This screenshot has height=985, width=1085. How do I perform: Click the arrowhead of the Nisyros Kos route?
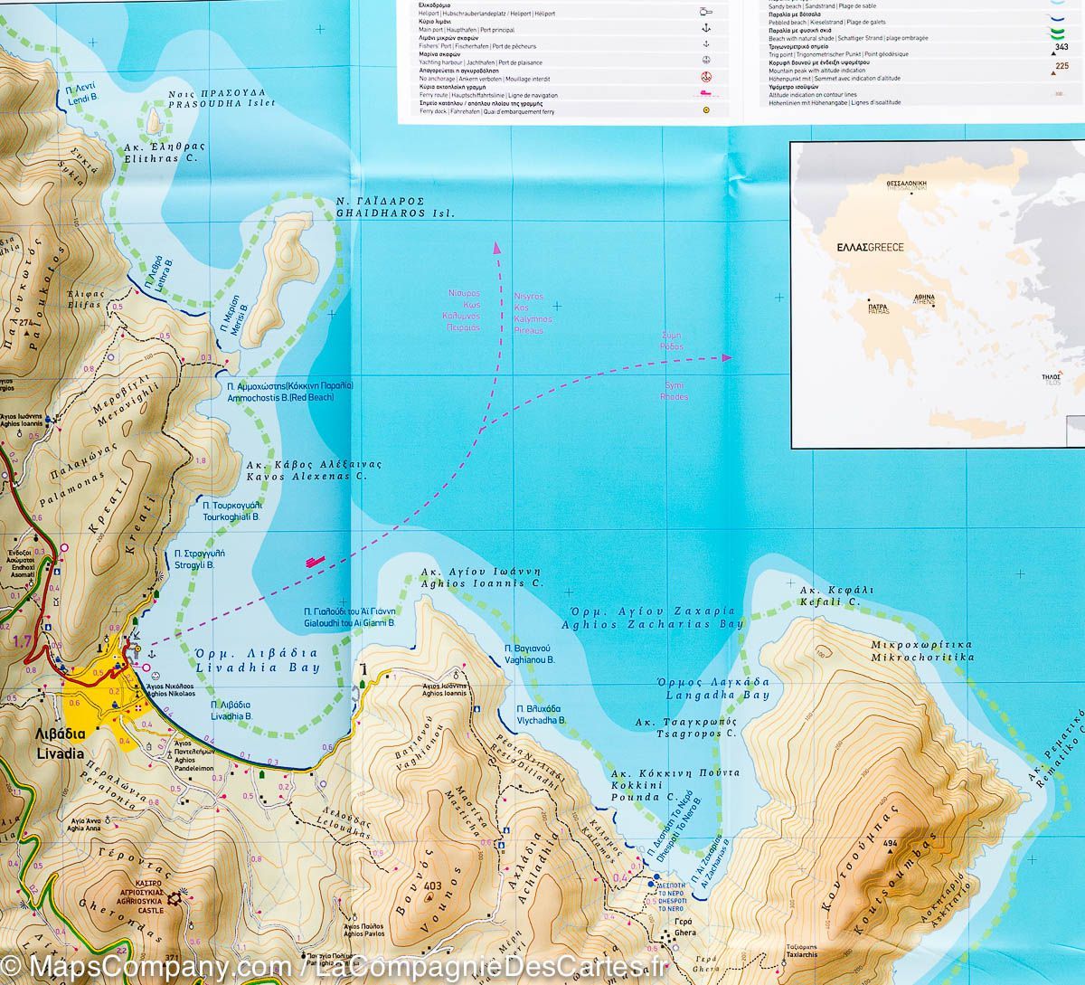pyautogui.click(x=495, y=245)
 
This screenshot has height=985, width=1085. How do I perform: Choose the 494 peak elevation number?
pyautogui.click(x=890, y=844)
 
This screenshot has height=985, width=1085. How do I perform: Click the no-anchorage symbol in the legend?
pyautogui.click(x=706, y=76)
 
